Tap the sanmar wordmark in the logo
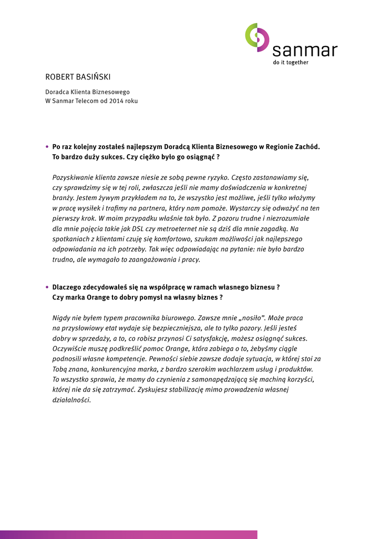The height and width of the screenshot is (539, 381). (x=305, y=51)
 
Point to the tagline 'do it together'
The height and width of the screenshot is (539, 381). (x=290, y=63)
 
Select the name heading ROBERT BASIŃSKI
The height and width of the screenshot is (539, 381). (x=78, y=77)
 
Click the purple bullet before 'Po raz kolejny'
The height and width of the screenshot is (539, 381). (x=47, y=147)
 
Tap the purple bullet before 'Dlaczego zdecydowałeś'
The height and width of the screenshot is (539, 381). (x=47, y=287)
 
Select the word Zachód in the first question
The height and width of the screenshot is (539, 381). (x=306, y=147)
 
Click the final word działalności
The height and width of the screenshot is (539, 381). (x=71, y=400)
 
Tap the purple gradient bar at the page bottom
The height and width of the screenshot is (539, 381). (x=129, y=534)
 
